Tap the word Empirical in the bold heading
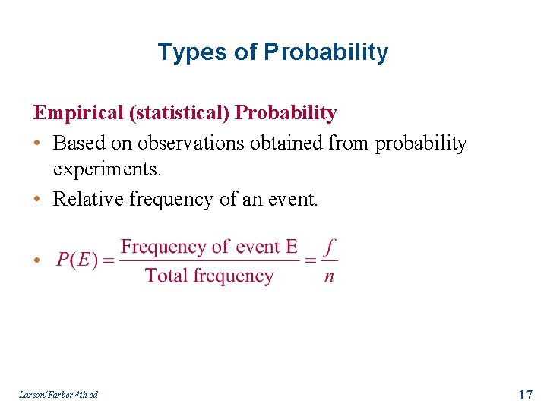point(78,113)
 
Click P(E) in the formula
point(77,260)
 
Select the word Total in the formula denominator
point(166,276)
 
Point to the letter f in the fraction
point(328,246)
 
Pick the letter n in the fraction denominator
point(328,276)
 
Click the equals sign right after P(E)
point(108,260)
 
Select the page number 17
point(524,394)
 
